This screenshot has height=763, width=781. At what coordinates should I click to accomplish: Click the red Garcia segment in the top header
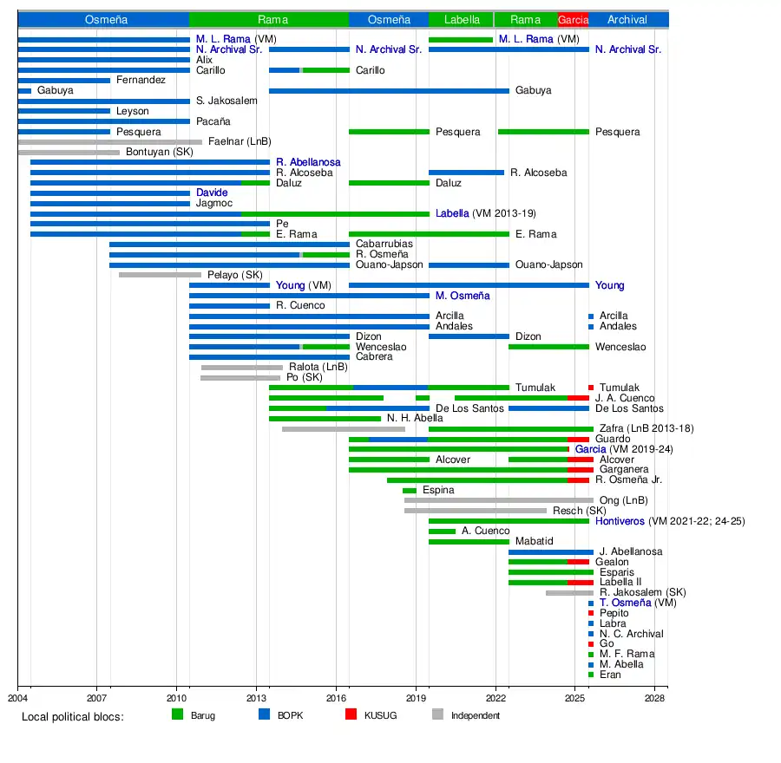click(573, 19)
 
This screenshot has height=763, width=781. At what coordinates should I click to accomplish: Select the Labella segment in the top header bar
click(461, 19)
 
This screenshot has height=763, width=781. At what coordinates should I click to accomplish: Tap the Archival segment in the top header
click(627, 19)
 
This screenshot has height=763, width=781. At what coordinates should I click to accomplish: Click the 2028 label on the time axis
click(655, 697)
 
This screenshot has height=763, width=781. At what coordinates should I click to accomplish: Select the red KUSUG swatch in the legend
click(351, 714)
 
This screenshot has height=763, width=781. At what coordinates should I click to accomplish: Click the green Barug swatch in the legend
click(178, 714)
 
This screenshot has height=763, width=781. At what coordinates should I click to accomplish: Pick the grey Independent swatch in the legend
click(437, 714)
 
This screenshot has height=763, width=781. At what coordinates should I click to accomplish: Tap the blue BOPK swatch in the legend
click(265, 714)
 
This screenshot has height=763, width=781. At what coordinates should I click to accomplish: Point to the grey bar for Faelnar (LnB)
click(109, 141)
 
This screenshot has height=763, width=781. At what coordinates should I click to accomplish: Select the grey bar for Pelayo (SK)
click(160, 275)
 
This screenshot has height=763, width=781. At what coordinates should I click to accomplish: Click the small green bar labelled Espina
click(410, 491)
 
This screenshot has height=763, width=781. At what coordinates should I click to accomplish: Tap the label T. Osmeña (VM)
click(625, 603)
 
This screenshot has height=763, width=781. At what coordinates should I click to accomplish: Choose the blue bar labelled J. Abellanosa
click(551, 551)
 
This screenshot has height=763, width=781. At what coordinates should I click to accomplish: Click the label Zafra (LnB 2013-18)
click(646, 428)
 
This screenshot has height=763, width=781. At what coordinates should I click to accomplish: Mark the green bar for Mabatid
click(469, 541)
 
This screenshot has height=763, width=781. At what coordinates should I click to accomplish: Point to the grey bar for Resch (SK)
click(476, 511)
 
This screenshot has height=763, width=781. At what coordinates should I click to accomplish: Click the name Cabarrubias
click(384, 245)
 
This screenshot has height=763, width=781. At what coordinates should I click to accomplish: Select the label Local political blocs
click(73, 716)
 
